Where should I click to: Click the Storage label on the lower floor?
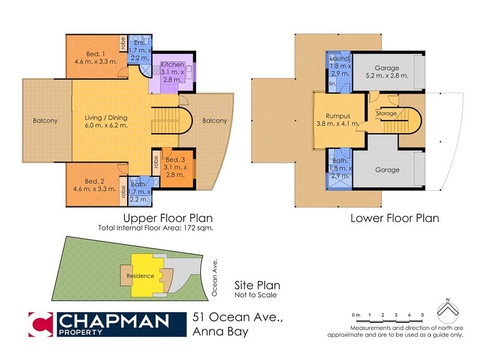(x=386, y=113)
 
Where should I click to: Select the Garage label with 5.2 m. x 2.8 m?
(x=387, y=68)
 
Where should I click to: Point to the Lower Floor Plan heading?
(x=394, y=218)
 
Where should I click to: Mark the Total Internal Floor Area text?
(x=156, y=229)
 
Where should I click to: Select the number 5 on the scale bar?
(x=422, y=314)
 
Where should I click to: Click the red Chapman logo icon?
(x=41, y=325)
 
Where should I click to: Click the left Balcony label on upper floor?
(x=46, y=121)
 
